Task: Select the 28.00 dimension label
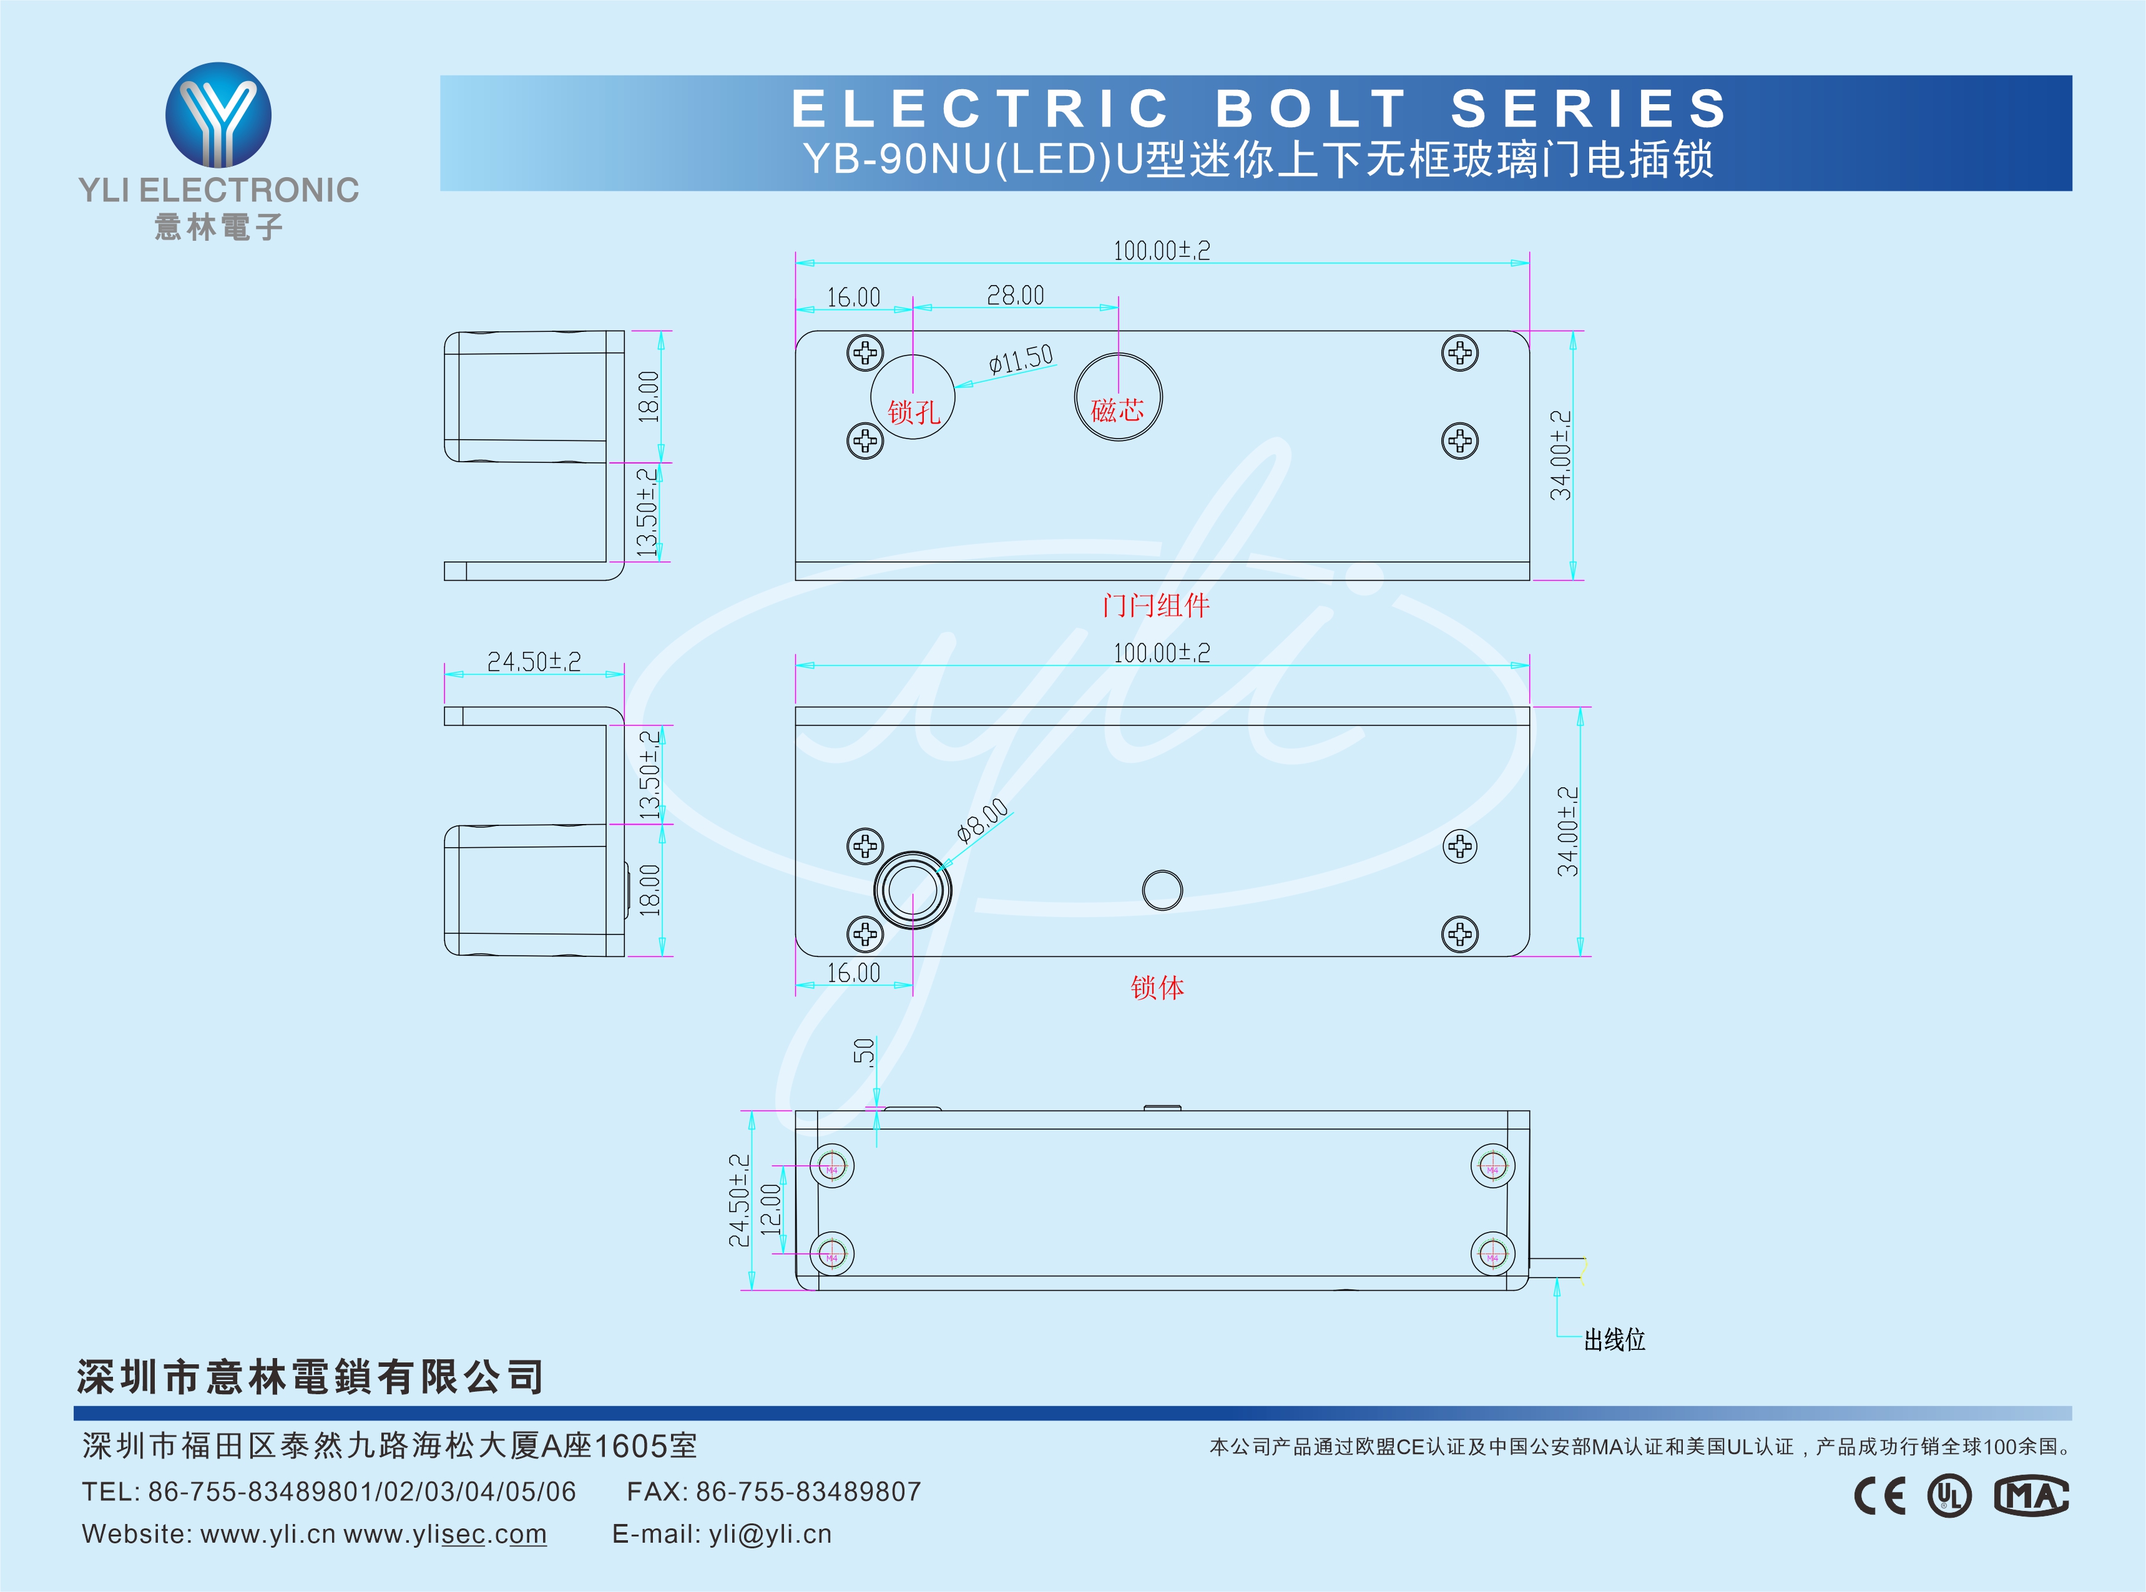coord(1015,295)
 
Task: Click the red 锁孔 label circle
coord(912,397)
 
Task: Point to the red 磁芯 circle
coord(1119,397)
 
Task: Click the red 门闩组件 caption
coord(1156,605)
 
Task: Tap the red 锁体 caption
coord(1157,988)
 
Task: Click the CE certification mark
coord(1880,1496)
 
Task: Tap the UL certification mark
coord(1949,1496)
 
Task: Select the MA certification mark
coord(2031,1496)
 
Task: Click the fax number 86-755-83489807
coord(808,1492)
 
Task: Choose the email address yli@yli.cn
coord(770,1534)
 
